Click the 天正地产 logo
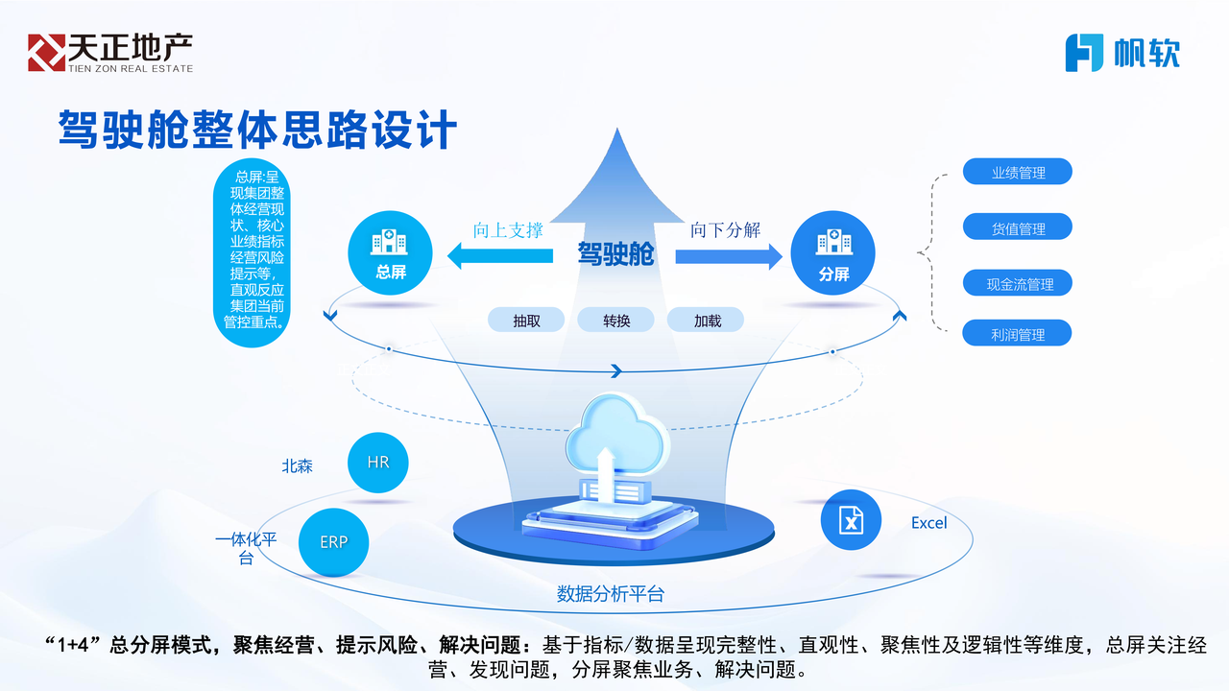[109, 52]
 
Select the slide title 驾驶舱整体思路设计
[257, 130]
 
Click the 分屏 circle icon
[832, 253]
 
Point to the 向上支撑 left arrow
[501, 256]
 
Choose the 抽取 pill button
[526, 321]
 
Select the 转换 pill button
[615, 321]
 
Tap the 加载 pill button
[707, 321]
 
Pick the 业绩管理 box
[1017, 173]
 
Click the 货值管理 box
[1017, 228]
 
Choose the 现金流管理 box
[1017, 284]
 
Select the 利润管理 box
[1017, 334]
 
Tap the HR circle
[378, 463]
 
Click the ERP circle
[334, 541]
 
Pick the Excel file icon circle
[851, 519]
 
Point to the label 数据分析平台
[611, 593]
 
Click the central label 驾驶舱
[615, 254]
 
